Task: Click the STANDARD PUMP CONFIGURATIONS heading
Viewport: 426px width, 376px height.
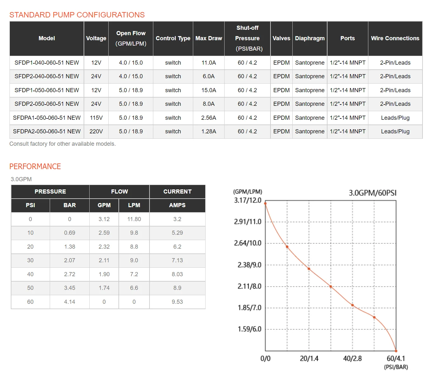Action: pyautogui.click(x=77, y=15)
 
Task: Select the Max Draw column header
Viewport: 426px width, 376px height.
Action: pyautogui.click(x=208, y=38)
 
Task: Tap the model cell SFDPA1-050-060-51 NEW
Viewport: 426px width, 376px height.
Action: pyautogui.click(x=47, y=118)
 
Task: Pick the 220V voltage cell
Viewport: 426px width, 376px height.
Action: pyautogui.click(x=96, y=131)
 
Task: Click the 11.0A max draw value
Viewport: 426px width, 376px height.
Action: pyautogui.click(x=208, y=63)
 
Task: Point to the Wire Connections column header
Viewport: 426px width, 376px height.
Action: pyautogui.click(x=395, y=38)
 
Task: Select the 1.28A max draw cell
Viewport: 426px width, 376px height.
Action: pyautogui.click(x=208, y=131)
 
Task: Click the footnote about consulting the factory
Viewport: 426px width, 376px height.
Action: pyautogui.click(x=62, y=144)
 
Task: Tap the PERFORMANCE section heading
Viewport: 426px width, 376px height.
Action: pyautogui.click(x=35, y=167)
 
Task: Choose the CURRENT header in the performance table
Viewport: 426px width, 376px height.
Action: pyautogui.click(x=177, y=192)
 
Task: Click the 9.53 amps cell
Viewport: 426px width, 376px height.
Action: pyautogui.click(x=177, y=302)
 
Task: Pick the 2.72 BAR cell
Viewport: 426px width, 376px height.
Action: pyautogui.click(x=70, y=274)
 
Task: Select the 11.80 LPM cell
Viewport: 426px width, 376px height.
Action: pyautogui.click(x=134, y=219)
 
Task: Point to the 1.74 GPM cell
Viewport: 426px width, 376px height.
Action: pyautogui.click(x=104, y=288)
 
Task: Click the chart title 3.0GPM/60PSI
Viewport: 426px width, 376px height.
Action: pyautogui.click(x=372, y=193)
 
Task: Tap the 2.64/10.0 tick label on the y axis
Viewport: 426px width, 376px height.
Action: pyautogui.click(x=248, y=243)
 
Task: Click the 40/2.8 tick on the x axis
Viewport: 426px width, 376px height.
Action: pyautogui.click(x=352, y=359)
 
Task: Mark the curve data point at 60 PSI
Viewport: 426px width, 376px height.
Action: pyautogui.click(x=396, y=351)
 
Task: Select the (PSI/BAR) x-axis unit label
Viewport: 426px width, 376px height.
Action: pyautogui.click(x=396, y=367)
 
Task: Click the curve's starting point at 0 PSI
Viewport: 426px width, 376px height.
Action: pyautogui.click(x=265, y=203)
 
